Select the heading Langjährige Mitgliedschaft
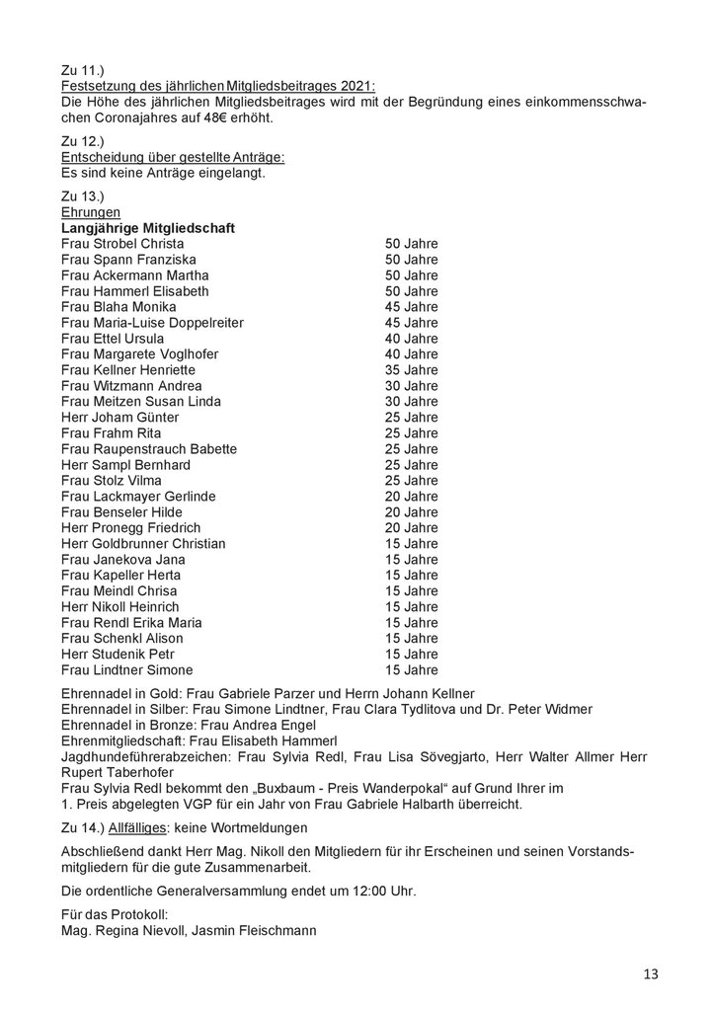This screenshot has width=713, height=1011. click(x=148, y=228)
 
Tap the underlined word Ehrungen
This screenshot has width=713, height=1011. click(x=91, y=212)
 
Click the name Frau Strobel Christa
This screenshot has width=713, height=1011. click(x=122, y=244)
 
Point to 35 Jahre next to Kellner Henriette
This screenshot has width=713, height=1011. click(x=411, y=370)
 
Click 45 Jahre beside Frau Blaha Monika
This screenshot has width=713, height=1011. click(x=411, y=307)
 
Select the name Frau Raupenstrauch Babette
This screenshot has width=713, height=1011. click(x=149, y=449)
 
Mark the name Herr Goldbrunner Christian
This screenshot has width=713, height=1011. click(x=143, y=544)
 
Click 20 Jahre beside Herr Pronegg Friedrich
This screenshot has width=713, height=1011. click(x=411, y=528)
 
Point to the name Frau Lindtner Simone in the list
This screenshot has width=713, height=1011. click(x=128, y=670)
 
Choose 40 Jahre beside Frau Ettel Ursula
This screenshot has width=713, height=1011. click(x=411, y=339)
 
